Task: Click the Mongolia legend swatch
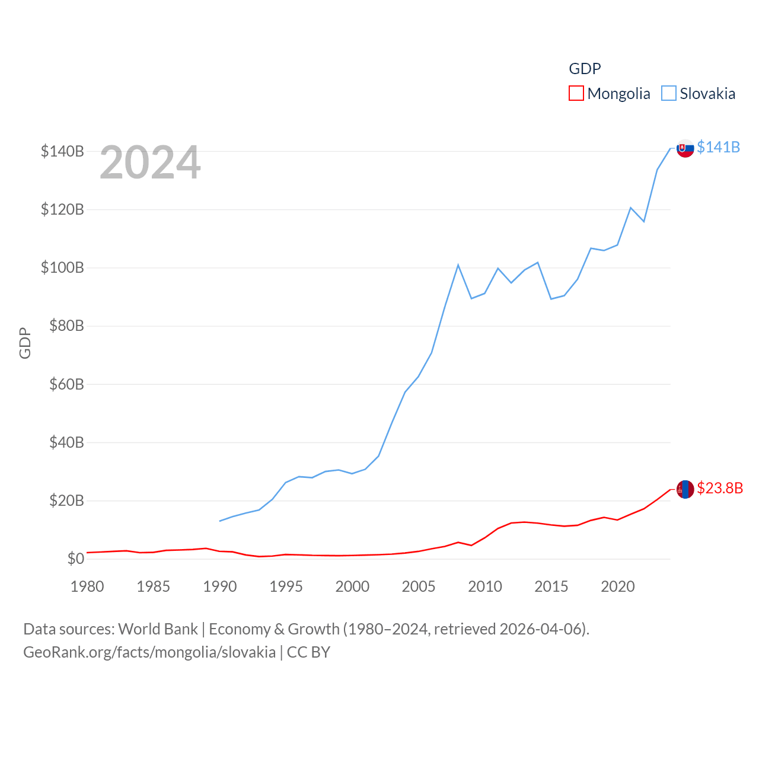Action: tap(576, 93)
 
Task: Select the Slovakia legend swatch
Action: tap(669, 93)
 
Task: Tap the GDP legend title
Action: tap(585, 69)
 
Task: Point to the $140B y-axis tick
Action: tap(62, 151)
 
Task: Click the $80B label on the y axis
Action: tap(62, 326)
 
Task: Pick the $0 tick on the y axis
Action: tap(75, 559)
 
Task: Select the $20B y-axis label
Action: tap(62, 500)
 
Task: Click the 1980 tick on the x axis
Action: tap(87, 586)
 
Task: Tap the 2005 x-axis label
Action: tap(419, 586)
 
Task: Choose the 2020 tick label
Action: tap(618, 586)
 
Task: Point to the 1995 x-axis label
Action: tap(286, 586)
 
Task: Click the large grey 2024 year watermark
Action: tap(150, 162)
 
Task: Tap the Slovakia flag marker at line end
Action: tap(685, 148)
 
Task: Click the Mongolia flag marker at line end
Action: tap(685, 489)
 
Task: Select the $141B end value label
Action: tap(718, 147)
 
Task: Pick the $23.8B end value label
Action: tap(720, 488)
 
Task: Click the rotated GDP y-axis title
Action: tap(25, 343)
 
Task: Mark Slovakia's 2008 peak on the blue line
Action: tap(458, 265)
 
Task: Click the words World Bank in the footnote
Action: tap(158, 629)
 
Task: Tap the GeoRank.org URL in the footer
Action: tap(149, 652)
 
